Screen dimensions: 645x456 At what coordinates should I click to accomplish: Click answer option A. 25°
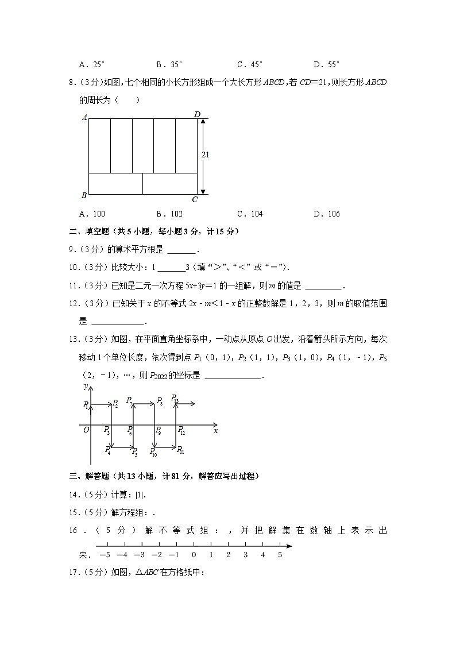pos(92,64)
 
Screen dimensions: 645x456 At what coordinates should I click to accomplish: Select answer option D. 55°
pos(327,64)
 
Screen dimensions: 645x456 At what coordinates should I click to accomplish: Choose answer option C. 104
pos(249,214)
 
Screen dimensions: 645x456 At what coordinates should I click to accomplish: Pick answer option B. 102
pos(169,214)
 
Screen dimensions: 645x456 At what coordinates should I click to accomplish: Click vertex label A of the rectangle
pos(84,117)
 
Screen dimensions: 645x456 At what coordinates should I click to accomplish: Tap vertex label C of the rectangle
pos(195,199)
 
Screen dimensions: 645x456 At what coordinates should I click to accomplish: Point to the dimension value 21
pos(206,155)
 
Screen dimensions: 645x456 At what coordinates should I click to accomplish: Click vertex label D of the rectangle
pos(197,114)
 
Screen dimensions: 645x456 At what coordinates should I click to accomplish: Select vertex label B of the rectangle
pos(84,195)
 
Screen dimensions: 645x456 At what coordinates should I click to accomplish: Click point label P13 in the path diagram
pos(175,399)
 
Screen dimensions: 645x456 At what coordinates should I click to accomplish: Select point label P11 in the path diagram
pos(180,450)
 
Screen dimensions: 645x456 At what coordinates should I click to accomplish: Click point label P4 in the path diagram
pos(107,450)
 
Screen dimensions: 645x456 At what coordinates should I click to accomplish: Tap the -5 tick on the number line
pos(105,555)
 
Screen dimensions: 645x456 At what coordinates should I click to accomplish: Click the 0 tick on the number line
pos(194,555)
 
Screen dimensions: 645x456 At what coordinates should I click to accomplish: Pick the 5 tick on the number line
pos(280,555)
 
